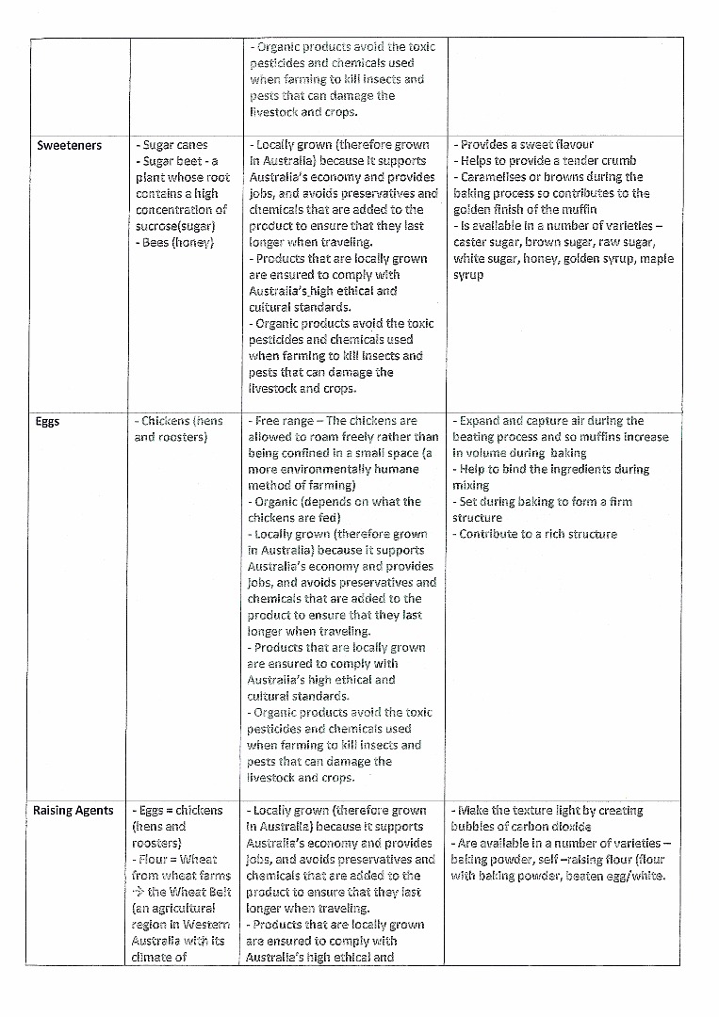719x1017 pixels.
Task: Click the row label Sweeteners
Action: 69,145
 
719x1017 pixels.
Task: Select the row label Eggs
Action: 47,421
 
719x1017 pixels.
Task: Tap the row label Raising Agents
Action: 74,810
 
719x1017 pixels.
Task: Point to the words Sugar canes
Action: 175,145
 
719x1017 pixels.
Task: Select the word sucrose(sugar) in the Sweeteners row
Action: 175,226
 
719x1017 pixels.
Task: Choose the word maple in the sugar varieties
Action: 657,258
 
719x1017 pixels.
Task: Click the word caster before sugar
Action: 472,242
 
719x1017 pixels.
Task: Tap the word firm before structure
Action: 619,502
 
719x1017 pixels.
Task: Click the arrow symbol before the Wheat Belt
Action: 139,891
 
